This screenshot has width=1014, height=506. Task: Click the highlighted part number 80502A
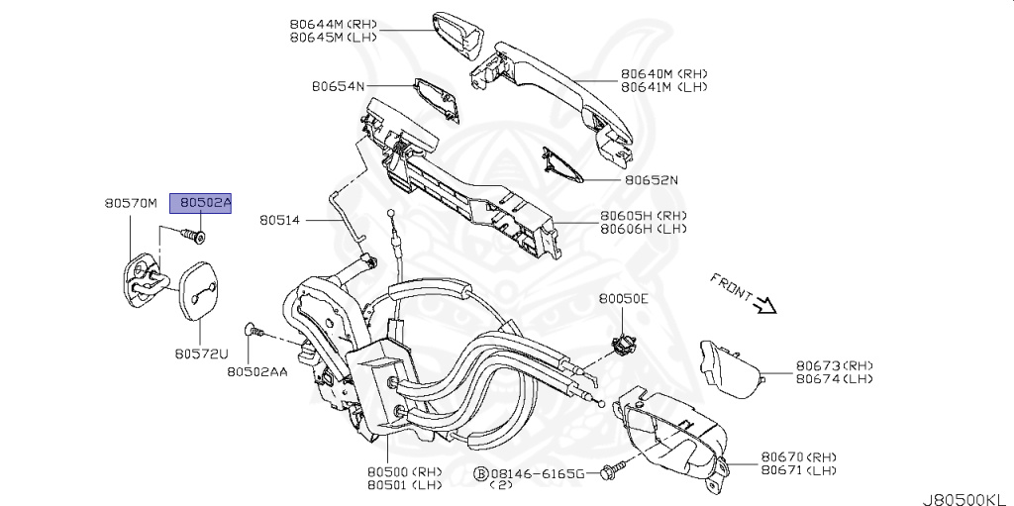(201, 203)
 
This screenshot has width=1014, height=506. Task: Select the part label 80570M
(131, 203)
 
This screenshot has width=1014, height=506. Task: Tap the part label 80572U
(201, 353)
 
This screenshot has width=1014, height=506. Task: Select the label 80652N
(652, 181)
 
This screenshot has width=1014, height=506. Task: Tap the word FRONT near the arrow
(731, 286)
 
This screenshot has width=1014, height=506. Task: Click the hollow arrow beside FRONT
(763, 306)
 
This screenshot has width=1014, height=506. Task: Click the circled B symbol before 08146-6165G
(481, 475)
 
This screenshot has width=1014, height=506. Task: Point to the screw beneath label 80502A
(192, 236)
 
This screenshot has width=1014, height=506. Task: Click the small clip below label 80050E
(623, 344)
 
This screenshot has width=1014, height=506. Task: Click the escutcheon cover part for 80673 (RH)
(730, 368)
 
